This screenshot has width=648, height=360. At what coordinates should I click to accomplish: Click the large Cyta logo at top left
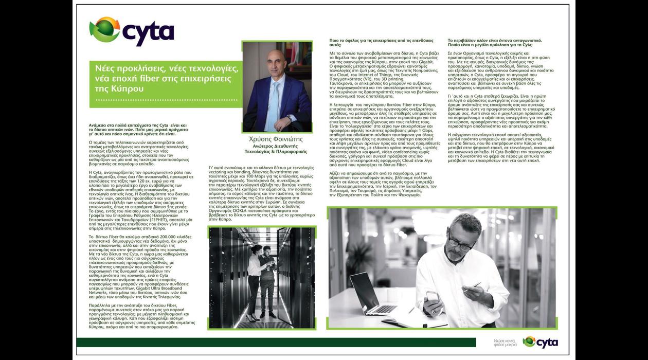[132, 32]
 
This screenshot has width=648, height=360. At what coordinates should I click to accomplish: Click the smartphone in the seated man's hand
[432, 297]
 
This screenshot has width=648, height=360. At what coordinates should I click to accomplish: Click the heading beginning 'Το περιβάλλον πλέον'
[494, 42]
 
